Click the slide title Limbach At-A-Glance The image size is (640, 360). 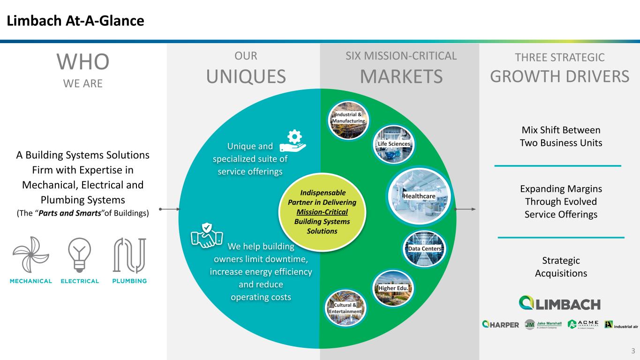point(75,21)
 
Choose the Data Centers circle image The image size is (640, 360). point(424,248)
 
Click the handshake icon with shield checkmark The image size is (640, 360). point(207,235)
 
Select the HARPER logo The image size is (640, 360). point(501,325)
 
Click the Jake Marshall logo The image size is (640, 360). point(542,325)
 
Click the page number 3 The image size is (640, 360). point(632,351)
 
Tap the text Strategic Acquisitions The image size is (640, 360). point(561,267)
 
